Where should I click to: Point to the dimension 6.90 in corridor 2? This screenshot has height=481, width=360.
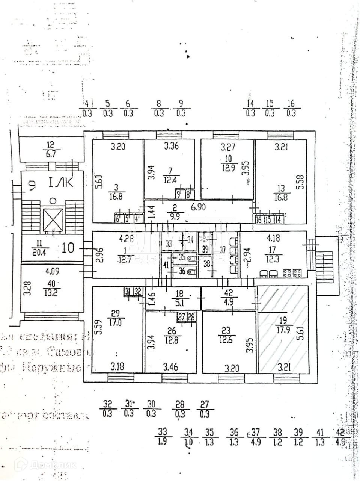point(198,207)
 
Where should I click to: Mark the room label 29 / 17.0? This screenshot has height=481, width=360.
point(116,316)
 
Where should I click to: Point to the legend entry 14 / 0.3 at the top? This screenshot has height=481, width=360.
point(250,108)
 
